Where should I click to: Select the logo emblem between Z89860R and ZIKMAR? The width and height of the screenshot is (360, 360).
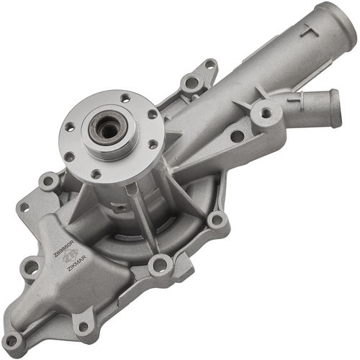tap(71, 256)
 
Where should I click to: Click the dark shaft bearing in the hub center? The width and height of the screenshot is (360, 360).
tap(108, 130)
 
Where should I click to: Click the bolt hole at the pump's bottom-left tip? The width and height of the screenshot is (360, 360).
tap(12, 341)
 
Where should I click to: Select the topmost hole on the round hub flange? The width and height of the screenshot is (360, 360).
tap(125, 98)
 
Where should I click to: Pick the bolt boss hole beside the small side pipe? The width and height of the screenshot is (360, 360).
tap(266, 113)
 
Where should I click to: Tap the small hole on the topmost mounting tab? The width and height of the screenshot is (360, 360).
tap(209, 65)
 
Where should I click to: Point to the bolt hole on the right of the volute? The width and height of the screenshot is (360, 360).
tap(215, 220)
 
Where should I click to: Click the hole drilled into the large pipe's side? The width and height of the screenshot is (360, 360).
tap(237, 135)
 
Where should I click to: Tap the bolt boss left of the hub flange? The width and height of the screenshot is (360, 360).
tap(49, 181)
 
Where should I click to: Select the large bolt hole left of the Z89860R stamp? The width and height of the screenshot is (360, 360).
tap(30, 269)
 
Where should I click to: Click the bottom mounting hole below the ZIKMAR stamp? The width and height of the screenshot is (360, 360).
tap(83, 326)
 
